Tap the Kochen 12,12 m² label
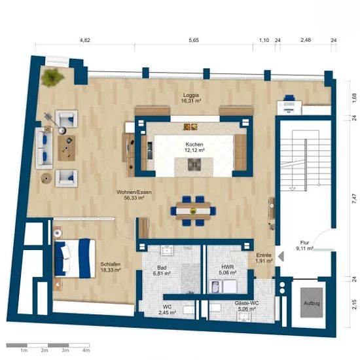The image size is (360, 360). pos(194,147)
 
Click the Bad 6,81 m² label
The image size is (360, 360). pos(162,270)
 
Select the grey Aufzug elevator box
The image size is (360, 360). pos(312,303)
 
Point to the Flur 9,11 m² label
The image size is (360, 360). pos(304,245)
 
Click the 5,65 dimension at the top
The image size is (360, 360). pos(194,40)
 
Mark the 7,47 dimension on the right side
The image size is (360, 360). pos(355,199)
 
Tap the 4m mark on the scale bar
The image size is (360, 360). pos(86,350)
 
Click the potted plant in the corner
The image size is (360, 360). pos(52,77)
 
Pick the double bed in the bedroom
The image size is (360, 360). pos(75,259)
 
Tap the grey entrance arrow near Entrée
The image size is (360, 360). pos(281,256)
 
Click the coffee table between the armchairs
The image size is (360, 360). pos(66,148)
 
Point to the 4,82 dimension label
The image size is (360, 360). pos(85,40)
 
